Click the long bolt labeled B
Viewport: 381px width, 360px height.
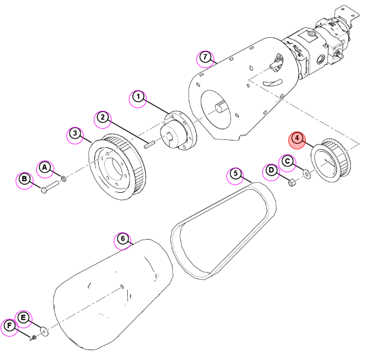coord(50,187)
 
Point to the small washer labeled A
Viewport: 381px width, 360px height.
coord(64,179)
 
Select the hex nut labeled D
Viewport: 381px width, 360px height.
coord(292,182)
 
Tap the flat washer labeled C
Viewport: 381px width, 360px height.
coord(307,174)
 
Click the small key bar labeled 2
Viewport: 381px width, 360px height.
coord(149,144)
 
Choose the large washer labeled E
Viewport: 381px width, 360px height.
coord(45,331)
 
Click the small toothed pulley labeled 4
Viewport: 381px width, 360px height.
coord(331,160)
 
